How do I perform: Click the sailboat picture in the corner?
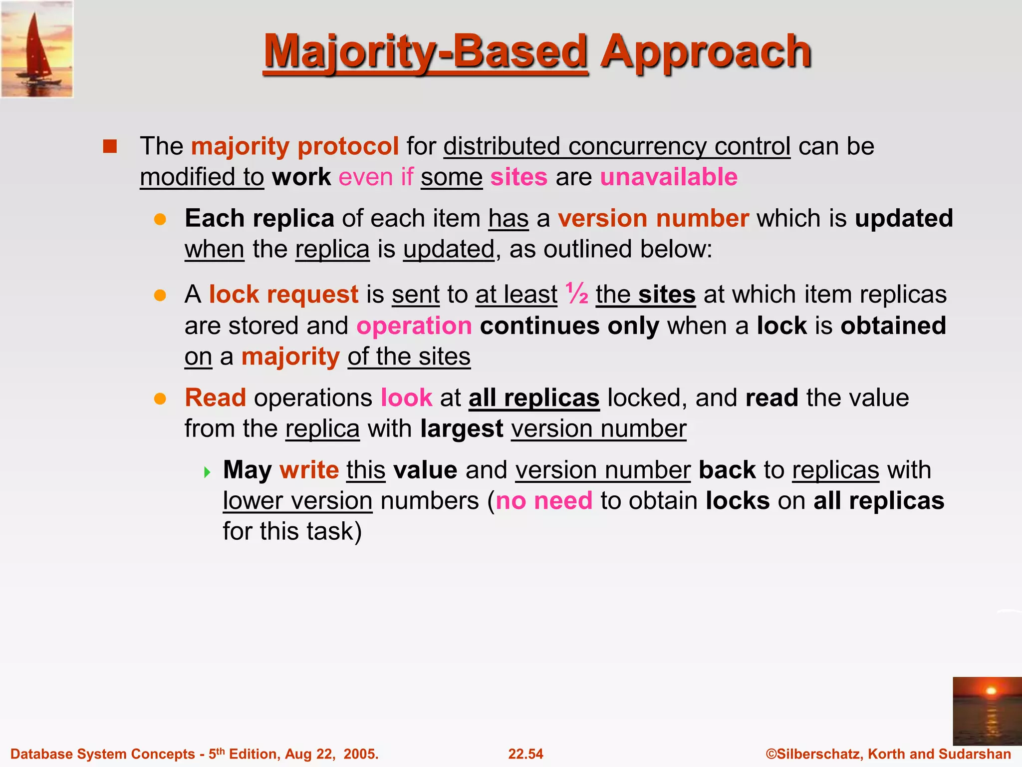click(x=37, y=49)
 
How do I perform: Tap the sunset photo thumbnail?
click(x=987, y=711)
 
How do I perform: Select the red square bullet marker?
click(x=110, y=146)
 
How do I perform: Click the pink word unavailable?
click(x=669, y=177)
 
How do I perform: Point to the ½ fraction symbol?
click(x=576, y=294)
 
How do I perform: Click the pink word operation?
click(x=414, y=326)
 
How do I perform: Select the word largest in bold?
click(x=462, y=429)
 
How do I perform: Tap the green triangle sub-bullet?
click(x=208, y=472)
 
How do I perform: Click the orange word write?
click(x=309, y=470)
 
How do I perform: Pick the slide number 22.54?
click(x=525, y=754)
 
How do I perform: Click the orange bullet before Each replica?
click(x=160, y=220)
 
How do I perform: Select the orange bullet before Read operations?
click(x=160, y=399)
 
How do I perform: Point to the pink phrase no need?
click(x=544, y=501)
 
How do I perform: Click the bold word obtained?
click(x=893, y=326)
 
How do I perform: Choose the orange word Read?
click(x=215, y=398)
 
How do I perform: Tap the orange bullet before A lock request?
click(x=160, y=295)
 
